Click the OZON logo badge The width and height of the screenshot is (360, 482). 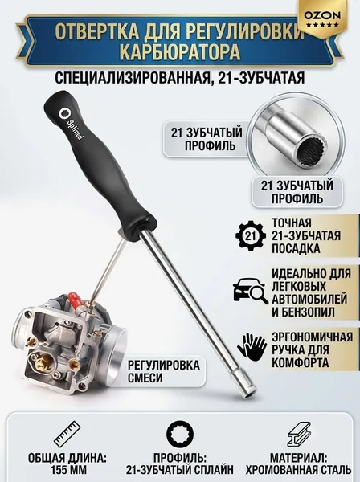click(322, 20)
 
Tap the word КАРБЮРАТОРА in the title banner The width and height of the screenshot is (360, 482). click(180, 52)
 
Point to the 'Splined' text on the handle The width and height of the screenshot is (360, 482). click(75, 129)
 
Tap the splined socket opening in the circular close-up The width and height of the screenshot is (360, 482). click(309, 151)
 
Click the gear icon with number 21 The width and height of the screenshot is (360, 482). click(251, 235)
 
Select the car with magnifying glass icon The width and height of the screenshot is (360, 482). click(249, 292)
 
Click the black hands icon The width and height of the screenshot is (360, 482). click(252, 347)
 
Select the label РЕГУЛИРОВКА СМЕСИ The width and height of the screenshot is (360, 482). click(164, 371)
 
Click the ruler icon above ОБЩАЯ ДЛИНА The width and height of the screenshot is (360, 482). click(67, 434)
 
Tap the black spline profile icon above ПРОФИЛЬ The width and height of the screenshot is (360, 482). click(180, 434)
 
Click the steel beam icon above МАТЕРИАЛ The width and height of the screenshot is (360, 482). click(298, 434)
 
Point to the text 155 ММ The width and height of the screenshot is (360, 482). click(67, 469)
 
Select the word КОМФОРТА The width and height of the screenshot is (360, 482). click(301, 363)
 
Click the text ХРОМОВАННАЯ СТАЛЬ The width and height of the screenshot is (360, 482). click(298, 469)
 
